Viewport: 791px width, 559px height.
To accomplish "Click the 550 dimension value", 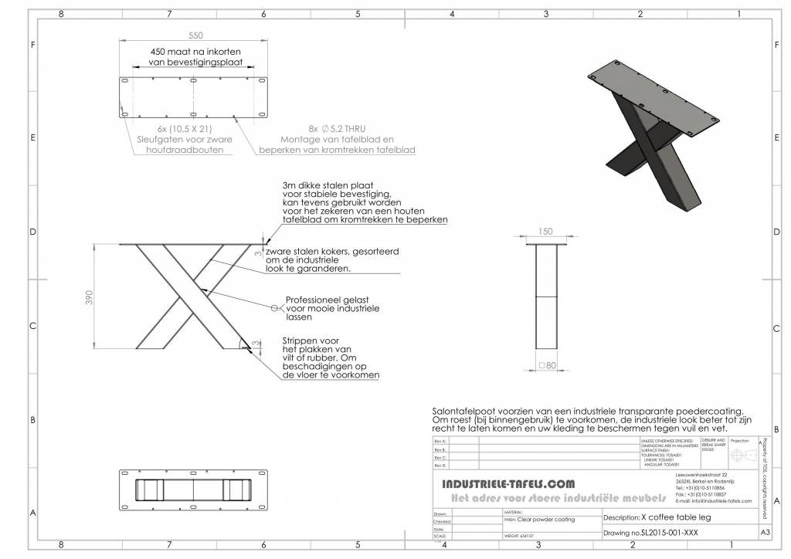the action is click(195, 36).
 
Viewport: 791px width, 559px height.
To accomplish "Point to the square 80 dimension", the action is click(550, 364).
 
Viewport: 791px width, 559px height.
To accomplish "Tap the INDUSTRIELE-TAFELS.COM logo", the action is click(508, 484).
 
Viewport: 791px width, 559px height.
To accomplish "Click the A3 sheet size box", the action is click(765, 533).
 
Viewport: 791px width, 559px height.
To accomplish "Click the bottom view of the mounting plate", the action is click(193, 490).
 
